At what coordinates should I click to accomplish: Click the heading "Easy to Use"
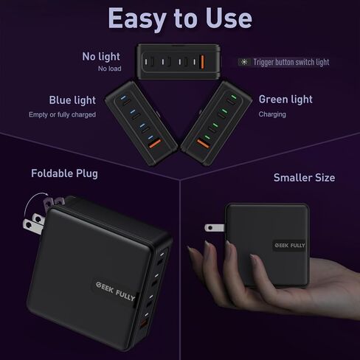point(180,18)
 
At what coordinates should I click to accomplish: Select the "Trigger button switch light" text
point(291,63)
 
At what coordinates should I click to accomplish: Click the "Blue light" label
point(72,100)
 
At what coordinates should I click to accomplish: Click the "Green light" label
point(285,100)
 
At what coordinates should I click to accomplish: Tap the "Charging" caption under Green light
point(272,115)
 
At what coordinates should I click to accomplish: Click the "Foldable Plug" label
point(64,174)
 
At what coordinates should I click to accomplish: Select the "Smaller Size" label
point(304,178)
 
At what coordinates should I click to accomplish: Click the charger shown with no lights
point(179,61)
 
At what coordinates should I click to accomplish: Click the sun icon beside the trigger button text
point(245,63)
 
